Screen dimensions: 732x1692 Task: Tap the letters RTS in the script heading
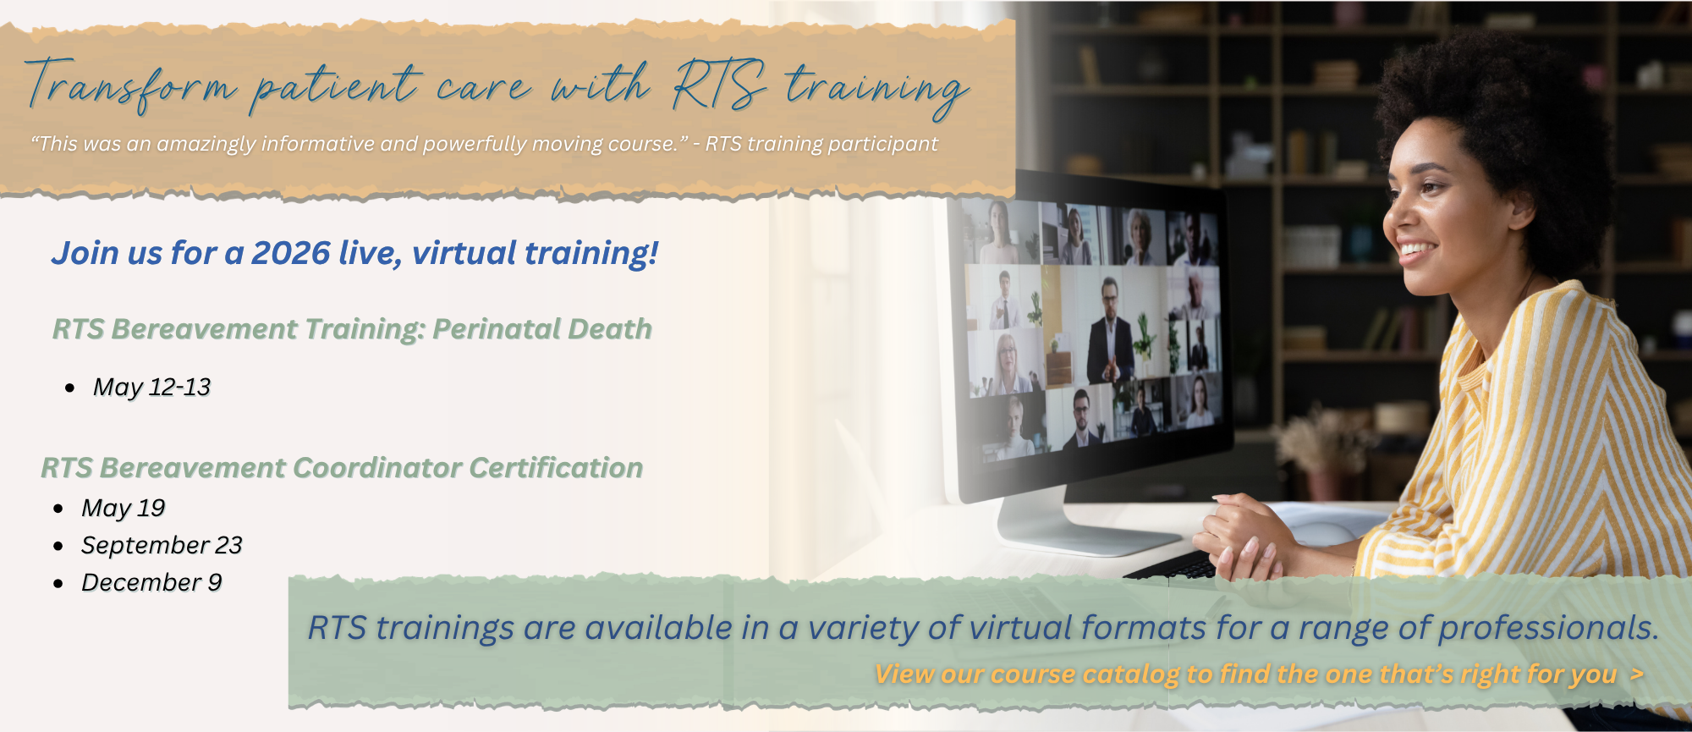[719, 85]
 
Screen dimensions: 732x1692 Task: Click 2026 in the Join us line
[291, 253]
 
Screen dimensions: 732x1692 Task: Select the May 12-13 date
[151, 387]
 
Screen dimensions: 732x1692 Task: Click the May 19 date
[123, 508]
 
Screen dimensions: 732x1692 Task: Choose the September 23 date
[162, 545]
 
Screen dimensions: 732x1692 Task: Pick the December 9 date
[151, 582]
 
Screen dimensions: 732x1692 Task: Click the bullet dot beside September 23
[58, 546]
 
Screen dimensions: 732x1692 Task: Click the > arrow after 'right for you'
[1636, 674]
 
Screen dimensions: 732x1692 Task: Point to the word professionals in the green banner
[1547, 628]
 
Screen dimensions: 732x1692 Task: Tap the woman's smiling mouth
[1415, 250]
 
